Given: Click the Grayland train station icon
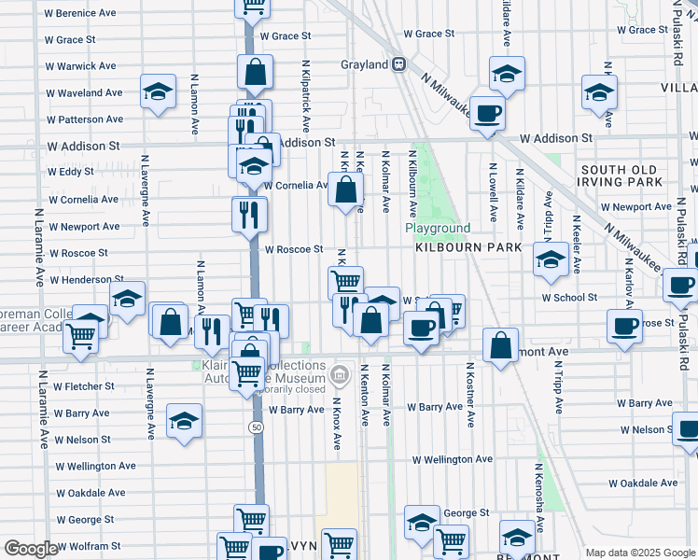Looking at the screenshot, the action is (398, 64).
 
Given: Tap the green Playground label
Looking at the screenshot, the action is (438, 229).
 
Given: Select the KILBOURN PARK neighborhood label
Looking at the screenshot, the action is (454, 250).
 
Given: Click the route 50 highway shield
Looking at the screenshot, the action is (255, 427).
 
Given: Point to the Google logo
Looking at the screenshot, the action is (31, 549).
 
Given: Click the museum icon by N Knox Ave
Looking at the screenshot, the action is (339, 377).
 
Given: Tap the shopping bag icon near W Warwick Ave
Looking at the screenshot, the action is (255, 71).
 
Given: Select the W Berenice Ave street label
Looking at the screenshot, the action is (81, 14).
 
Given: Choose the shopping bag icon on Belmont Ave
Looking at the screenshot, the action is (501, 344).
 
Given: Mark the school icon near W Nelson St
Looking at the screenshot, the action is (185, 420).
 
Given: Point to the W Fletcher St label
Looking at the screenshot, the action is (83, 385).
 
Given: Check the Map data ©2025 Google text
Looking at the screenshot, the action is (639, 553).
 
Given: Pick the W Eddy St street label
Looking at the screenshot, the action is (71, 173).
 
